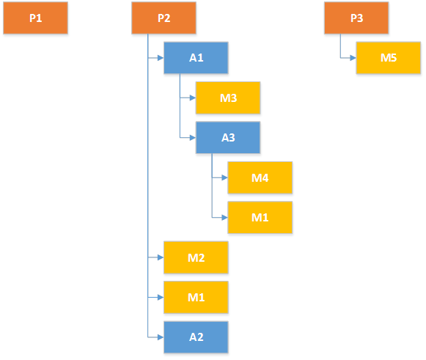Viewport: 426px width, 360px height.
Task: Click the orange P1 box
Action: coord(35,18)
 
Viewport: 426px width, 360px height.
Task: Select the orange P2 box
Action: coord(164,18)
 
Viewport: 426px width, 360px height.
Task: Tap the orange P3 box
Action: coord(356,18)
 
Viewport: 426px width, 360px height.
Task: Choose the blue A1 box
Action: coord(196,58)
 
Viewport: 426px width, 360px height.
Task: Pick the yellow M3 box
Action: coord(228,98)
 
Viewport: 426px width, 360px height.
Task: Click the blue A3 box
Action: coord(228,137)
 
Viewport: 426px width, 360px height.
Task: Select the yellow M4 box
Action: coord(260,177)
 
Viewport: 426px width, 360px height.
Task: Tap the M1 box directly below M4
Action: coord(260,217)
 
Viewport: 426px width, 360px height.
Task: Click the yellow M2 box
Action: coord(196,257)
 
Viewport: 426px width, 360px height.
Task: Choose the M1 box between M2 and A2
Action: coord(196,297)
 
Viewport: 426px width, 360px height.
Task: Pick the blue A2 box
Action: coord(196,337)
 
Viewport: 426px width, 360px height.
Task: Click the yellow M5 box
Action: coord(389,58)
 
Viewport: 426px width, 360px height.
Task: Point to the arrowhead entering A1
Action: coord(160,58)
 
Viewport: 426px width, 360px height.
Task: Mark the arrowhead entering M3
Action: coord(192,98)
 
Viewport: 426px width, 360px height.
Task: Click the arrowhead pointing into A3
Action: coord(192,137)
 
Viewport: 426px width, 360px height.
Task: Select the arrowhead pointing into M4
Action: coord(224,177)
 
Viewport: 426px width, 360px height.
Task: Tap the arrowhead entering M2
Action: coord(160,257)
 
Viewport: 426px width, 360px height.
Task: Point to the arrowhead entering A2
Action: coord(160,337)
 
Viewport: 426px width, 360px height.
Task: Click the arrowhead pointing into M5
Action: coord(353,58)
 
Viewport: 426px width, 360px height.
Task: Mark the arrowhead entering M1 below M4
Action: coord(224,217)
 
